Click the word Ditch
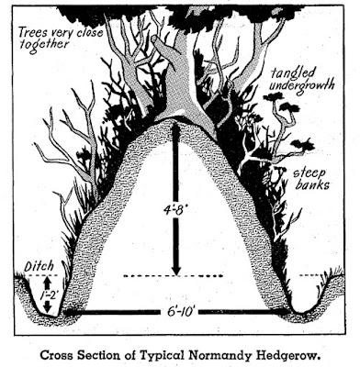(x=39, y=266)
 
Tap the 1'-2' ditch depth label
(x=48, y=295)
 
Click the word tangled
(x=294, y=73)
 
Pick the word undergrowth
(x=301, y=86)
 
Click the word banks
(x=312, y=184)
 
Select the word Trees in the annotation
(x=31, y=32)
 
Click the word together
(x=44, y=45)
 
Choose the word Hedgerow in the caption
(x=287, y=356)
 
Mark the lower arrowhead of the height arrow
(x=175, y=270)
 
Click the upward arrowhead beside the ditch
(x=47, y=282)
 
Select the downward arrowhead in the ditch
(x=46, y=306)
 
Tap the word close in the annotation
(x=88, y=33)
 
